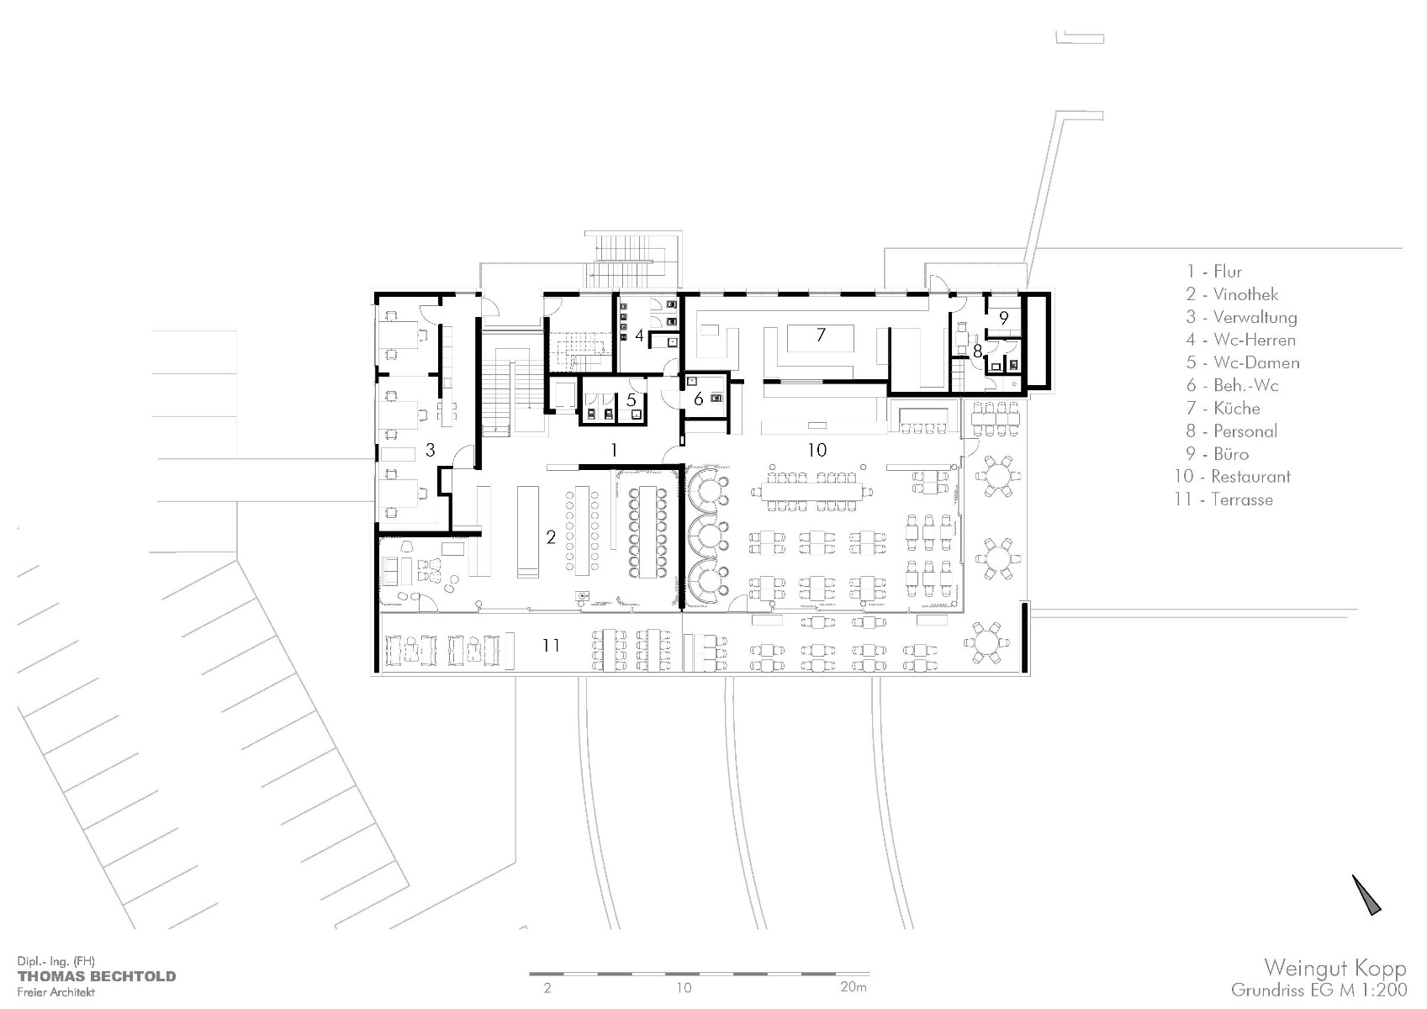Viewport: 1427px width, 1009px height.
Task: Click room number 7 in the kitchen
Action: coord(821,335)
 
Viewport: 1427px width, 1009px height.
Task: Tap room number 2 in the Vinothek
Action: coord(551,537)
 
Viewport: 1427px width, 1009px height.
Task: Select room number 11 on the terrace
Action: coord(551,645)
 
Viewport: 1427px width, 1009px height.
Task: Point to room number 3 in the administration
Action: coord(430,450)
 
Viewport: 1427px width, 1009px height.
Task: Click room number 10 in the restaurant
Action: coord(817,450)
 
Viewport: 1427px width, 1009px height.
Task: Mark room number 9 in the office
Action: coord(1004,317)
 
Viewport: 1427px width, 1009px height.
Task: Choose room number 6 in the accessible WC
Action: coord(698,399)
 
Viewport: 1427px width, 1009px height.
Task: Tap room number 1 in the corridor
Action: coord(614,450)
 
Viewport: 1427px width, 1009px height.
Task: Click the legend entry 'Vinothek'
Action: coord(1245,294)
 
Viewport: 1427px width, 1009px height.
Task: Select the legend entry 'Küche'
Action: coord(1236,409)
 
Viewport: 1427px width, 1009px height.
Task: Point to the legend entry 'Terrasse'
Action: coord(1242,499)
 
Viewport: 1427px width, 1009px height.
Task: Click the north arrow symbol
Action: coord(1366,895)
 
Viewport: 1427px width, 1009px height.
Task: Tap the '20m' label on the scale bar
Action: coord(854,986)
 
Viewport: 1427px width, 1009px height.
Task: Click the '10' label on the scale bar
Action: coord(684,987)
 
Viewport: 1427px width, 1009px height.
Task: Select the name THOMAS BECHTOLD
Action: coord(97,976)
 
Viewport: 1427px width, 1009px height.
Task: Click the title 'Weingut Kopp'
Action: coord(1335,969)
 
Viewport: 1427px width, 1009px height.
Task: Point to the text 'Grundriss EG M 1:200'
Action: coord(1319,990)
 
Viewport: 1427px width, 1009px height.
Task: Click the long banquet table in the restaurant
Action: coord(811,491)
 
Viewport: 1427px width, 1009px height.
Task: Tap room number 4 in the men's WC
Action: coord(640,335)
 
